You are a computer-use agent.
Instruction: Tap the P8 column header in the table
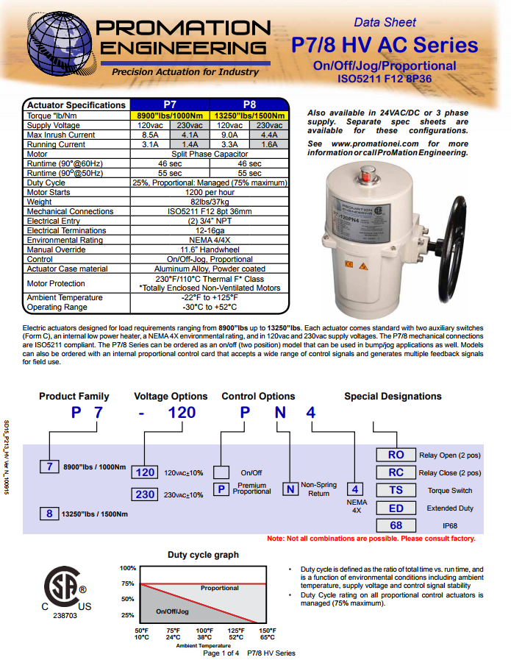click(249, 104)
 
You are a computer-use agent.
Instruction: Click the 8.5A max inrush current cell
click(150, 135)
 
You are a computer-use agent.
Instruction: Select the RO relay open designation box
click(396, 455)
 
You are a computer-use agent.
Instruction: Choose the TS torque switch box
click(396, 490)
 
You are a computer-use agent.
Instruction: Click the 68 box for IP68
click(396, 525)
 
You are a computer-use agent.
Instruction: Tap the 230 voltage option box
click(146, 494)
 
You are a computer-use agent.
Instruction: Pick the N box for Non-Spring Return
click(291, 489)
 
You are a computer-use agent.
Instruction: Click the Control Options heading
click(258, 397)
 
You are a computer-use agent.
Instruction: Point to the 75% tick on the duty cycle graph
click(128, 584)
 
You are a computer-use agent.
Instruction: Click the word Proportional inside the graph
click(220, 588)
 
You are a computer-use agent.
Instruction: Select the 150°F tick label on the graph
click(268, 631)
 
